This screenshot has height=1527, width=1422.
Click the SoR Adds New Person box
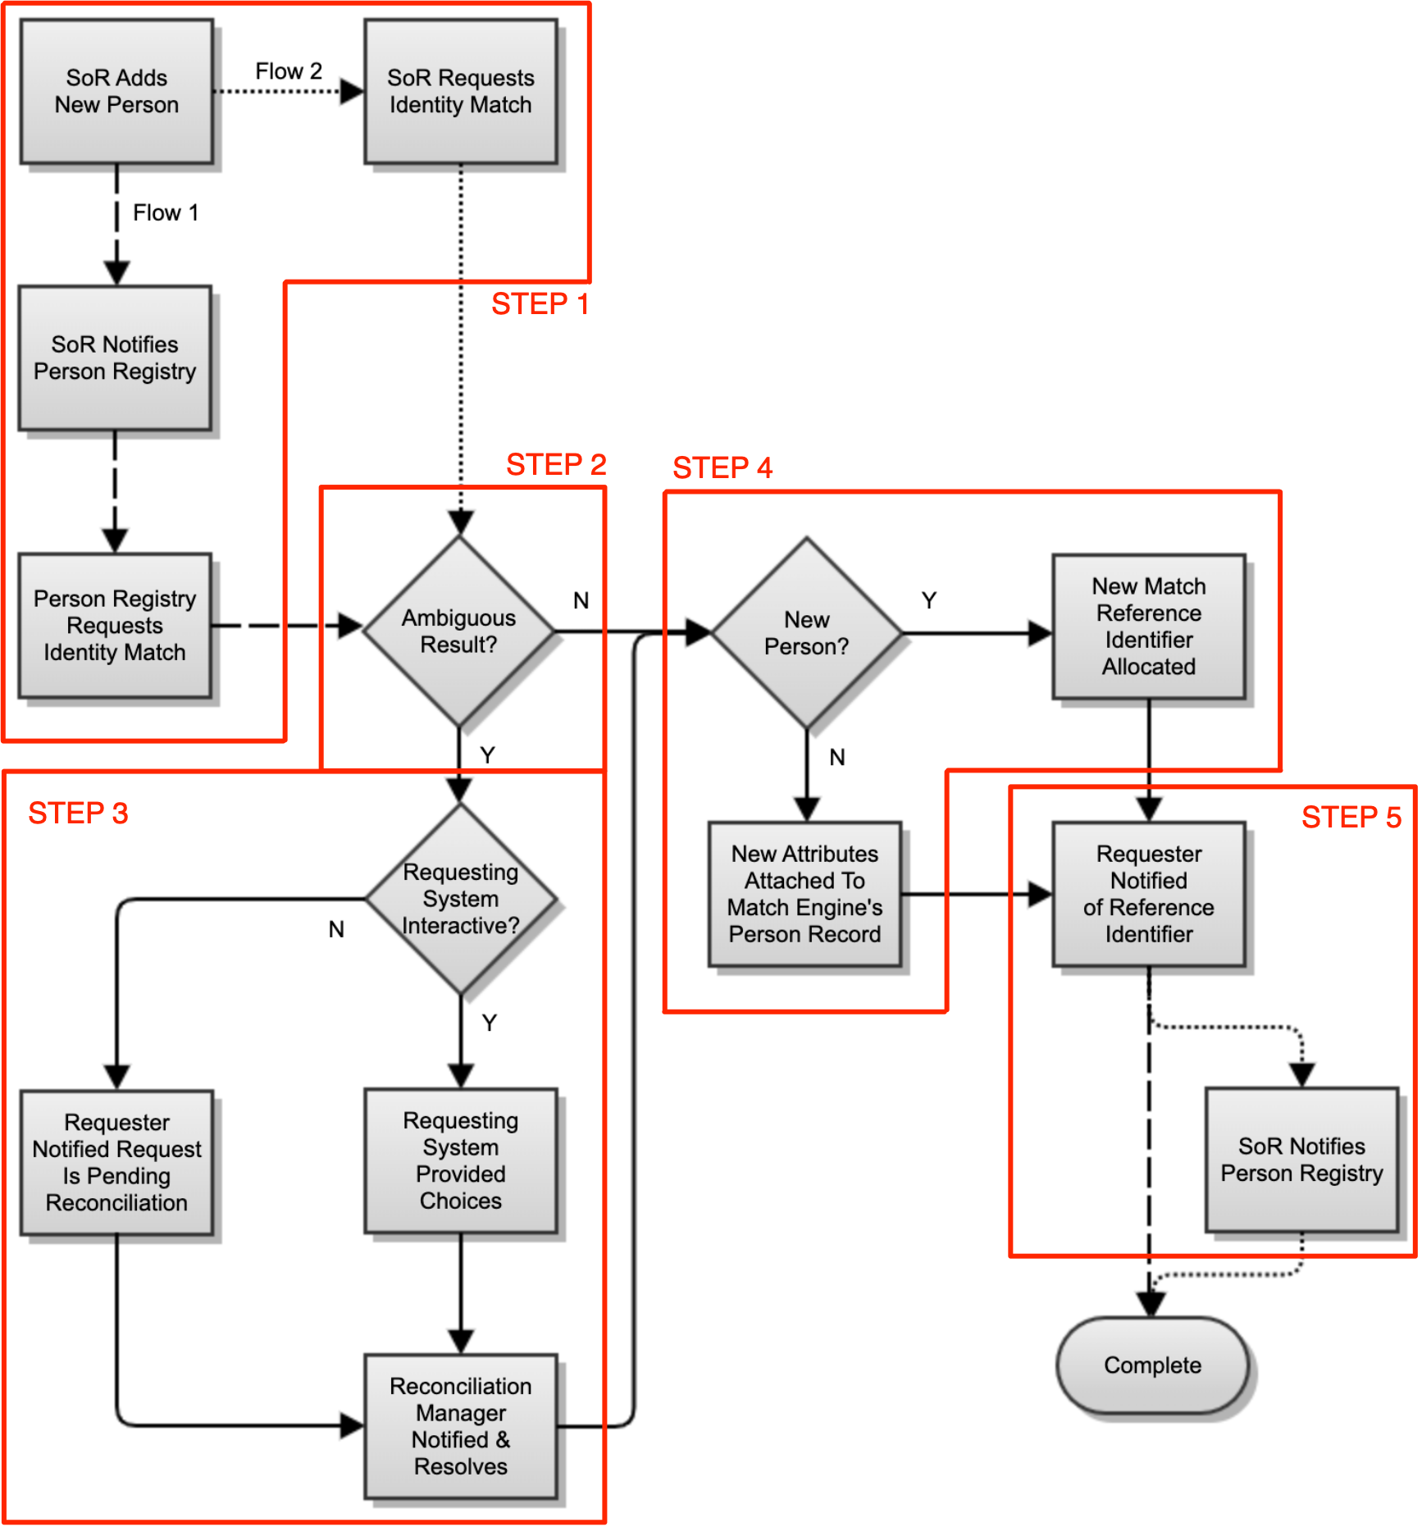[x=116, y=91]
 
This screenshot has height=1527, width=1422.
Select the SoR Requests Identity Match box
[x=460, y=91]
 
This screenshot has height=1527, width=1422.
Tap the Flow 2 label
[x=288, y=71]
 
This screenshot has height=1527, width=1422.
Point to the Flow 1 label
[x=165, y=213]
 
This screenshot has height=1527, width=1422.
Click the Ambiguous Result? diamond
[x=458, y=631]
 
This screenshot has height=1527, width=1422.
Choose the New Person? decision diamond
[x=807, y=632]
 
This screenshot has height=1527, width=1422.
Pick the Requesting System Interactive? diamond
[x=460, y=898]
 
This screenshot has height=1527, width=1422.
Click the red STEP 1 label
[x=540, y=304]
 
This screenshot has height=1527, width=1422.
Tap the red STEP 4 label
[x=722, y=467]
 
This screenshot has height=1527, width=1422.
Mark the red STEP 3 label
[x=78, y=814]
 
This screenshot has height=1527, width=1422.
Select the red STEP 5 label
[x=1351, y=817]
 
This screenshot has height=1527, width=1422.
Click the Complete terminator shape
[x=1152, y=1365]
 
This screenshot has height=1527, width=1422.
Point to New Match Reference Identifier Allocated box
[x=1148, y=627]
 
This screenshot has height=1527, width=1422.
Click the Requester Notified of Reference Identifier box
[x=1148, y=894]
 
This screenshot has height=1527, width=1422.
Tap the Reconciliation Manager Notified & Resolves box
[x=460, y=1426]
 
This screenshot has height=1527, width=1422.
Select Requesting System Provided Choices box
[x=460, y=1160]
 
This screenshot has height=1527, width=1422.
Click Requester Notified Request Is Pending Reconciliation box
[x=116, y=1162]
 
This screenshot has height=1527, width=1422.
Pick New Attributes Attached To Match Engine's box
[x=804, y=894]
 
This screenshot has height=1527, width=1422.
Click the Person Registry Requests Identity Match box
[x=115, y=626]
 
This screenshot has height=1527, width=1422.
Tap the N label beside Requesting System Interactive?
[x=336, y=929]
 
